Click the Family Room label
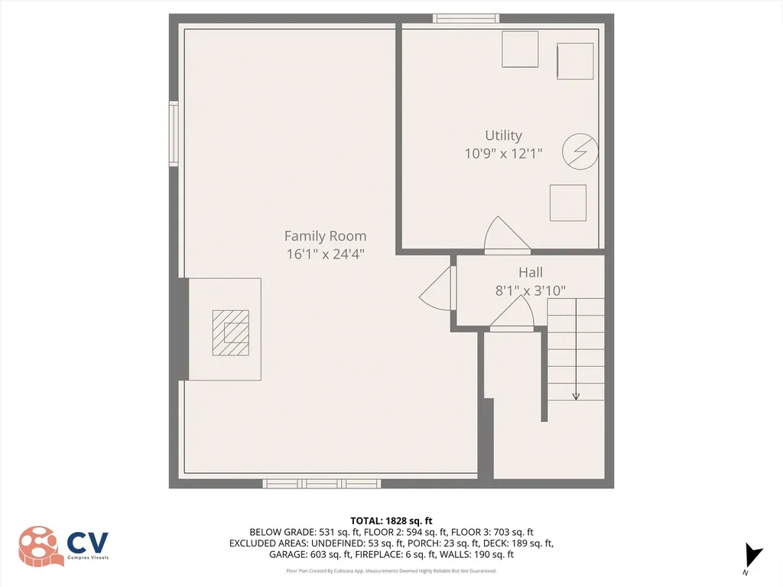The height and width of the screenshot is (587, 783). click(325, 236)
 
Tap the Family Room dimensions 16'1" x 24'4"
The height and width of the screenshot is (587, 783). click(325, 255)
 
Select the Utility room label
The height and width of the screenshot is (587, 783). click(503, 135)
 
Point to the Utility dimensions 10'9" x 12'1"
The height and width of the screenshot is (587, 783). click(503, 154)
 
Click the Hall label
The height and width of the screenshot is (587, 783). click(531, 272)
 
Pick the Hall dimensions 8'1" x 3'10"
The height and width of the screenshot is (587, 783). click(531, 290)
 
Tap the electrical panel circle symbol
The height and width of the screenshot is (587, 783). click(578, 152)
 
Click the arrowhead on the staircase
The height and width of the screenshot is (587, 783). click(576, 396)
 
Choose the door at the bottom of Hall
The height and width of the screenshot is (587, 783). click(512, 314)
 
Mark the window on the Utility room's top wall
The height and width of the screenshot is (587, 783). click(466, 18)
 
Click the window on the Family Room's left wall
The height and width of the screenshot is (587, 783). click(174, 135)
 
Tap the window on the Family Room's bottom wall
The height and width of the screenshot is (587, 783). click(322, 483)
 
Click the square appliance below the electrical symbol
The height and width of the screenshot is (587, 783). click(568, 203)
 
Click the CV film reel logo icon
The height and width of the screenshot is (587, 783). click(41, 546)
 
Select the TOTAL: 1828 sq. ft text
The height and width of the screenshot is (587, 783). click(391, 520)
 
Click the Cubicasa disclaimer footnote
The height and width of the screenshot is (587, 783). click(391, 571)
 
